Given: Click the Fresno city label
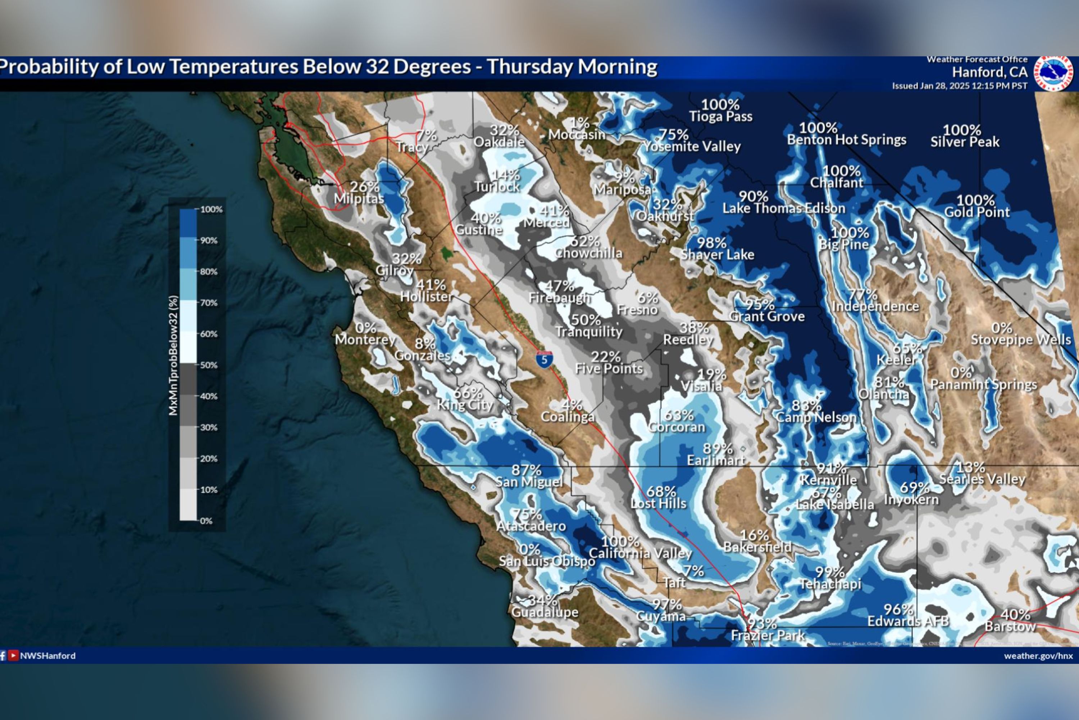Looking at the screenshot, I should click(637, 310).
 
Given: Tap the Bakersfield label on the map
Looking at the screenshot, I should click(757, 547).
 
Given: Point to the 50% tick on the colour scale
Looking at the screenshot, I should click(208, 365).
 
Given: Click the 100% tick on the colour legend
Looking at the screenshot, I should click(211, 210).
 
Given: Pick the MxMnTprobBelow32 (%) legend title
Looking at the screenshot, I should click(173, 356).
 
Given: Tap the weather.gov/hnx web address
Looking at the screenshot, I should click(1038, 656).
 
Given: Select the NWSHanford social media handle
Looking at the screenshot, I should click(48, 656).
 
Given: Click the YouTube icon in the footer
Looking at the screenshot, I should click(13, 656).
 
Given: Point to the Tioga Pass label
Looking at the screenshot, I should click(721, 117).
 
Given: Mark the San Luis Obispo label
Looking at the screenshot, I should click(547, 561).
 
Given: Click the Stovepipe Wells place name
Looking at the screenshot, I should click(1021, 340).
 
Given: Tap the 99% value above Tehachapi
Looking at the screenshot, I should click(830, 572).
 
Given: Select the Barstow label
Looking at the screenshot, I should click(1010, 626).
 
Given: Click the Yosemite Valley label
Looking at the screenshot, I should click(692, 147).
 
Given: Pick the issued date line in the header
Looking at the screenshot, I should click(960, 86).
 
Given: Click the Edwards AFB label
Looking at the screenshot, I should click(908, 621).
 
